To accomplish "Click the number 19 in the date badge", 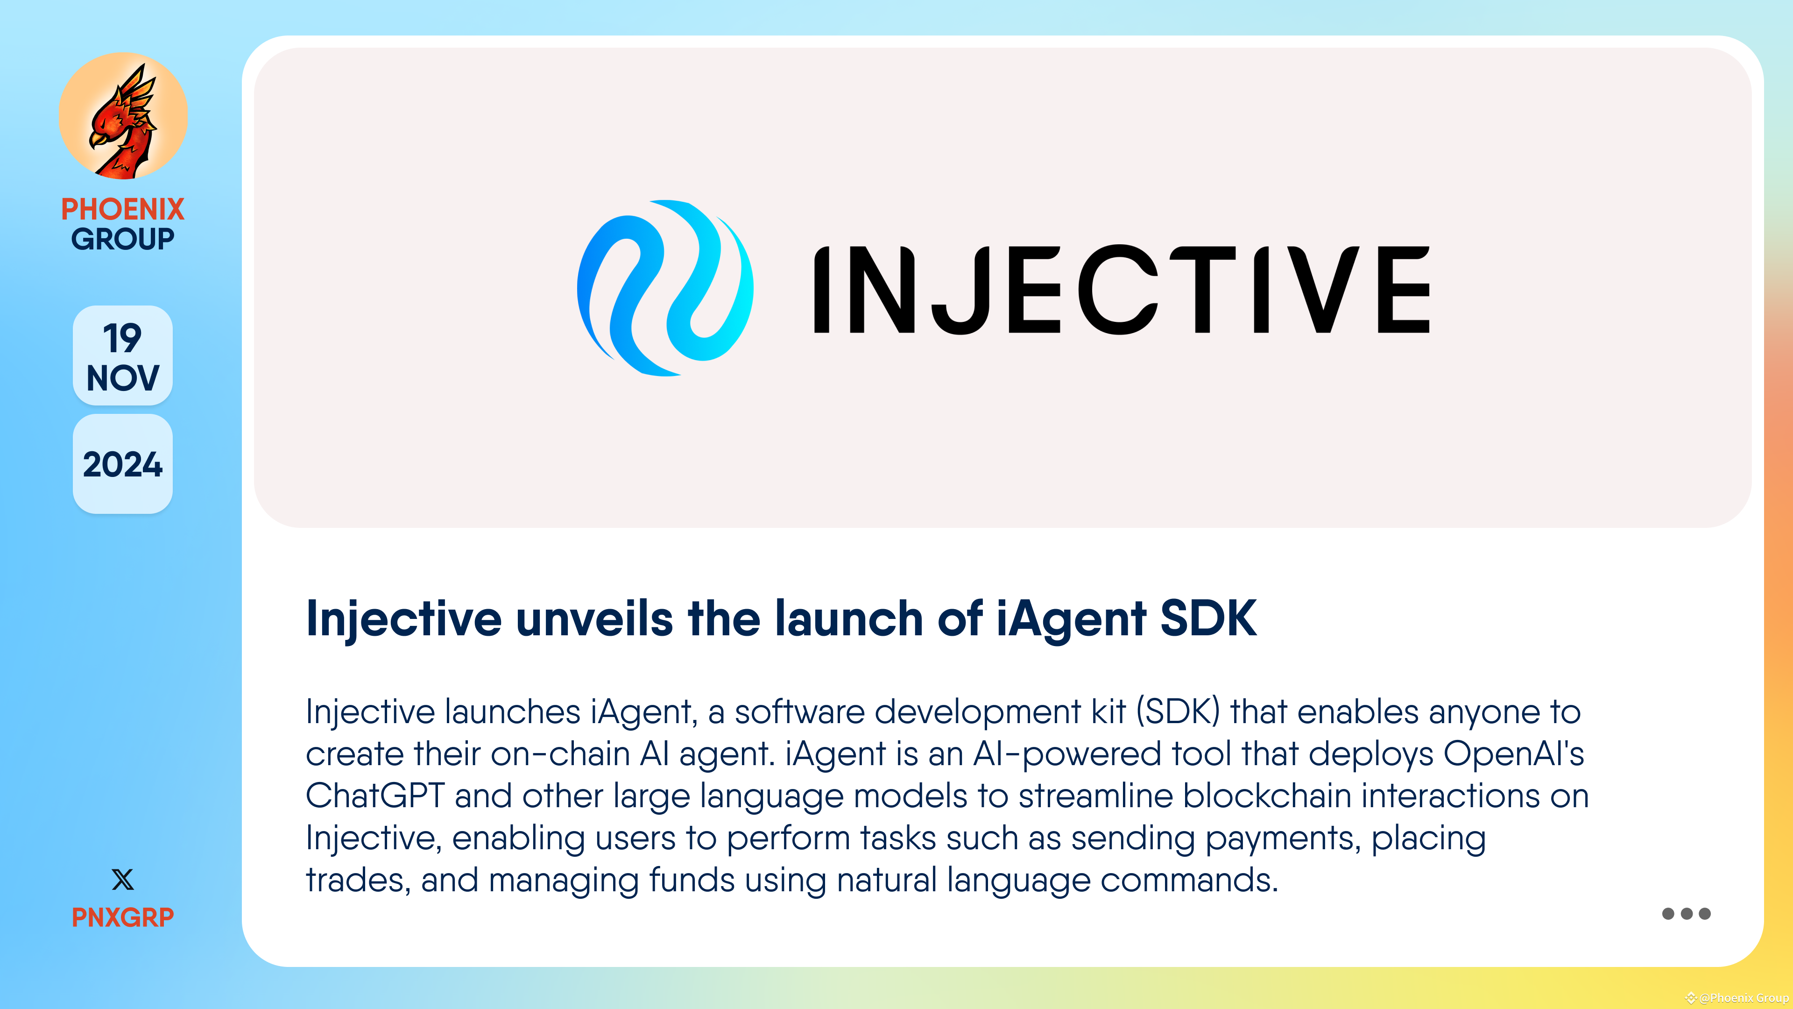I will pos(122,338).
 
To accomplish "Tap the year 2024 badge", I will pos(122,464).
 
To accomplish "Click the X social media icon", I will pos(122,880).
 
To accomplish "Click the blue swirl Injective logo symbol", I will pos(665,288).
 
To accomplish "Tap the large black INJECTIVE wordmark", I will pos(1121,290).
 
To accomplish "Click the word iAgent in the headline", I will pos(1071,619).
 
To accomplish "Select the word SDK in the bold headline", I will pos(1208,619).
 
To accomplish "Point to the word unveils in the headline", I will pos(594,619).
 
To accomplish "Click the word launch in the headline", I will pos(848,619).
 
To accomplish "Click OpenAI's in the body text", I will pos(1513,754).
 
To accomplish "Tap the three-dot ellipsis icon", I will pos(1686,914).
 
